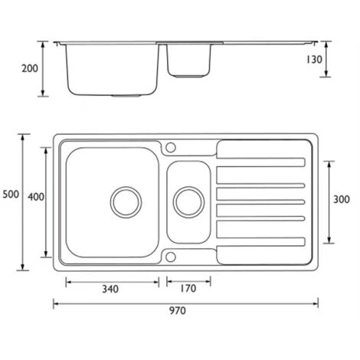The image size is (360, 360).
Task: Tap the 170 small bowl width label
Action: [188, 289]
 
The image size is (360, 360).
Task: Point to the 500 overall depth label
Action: [10, 195]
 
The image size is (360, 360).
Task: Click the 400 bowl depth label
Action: [35, 196]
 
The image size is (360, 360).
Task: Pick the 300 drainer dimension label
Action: [342, 199]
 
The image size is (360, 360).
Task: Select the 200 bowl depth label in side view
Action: [29, 68]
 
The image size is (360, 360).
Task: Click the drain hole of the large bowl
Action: [126, 201]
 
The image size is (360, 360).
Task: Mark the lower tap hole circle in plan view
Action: [171, 257]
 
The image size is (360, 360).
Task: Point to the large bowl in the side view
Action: [111, 70]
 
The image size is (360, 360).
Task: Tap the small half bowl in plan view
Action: [188, 202]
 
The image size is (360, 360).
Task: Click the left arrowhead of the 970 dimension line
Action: [55, 301]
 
